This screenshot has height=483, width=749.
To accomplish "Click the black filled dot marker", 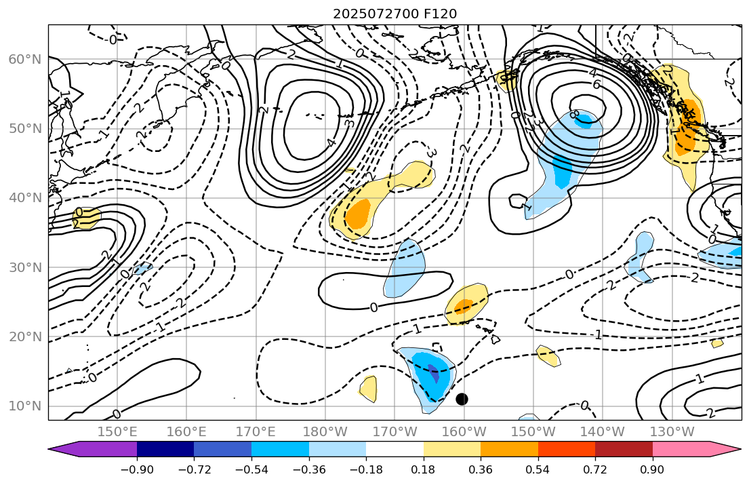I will coord(462,399).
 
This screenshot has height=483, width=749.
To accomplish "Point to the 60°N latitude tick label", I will coord(25,60).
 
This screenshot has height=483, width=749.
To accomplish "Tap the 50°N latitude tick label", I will coord(25,129).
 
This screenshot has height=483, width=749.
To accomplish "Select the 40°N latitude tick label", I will coord(25,198).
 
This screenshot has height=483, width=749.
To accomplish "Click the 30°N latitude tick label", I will coord(25,267).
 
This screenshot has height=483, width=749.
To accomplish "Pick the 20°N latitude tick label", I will coord(25,336).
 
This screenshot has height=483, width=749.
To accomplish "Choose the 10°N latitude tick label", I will coord(25,406).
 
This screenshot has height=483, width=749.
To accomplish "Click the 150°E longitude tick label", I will coord(117,432).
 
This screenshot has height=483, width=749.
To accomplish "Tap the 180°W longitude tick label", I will coord(325,432).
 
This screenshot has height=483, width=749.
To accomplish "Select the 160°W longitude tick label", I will coord(464,432).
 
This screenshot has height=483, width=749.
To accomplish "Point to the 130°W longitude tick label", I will coord(672,432).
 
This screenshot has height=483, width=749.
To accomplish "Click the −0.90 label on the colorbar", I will coord(137,469).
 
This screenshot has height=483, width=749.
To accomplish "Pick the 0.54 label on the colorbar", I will coord(538,469).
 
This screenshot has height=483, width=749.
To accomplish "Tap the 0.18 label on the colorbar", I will coord(424,469).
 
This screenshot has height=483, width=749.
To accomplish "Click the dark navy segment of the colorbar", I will coord(165,449).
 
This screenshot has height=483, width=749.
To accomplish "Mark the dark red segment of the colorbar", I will coord(624,449).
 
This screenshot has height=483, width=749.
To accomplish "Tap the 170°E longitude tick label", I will coord(256,432).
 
